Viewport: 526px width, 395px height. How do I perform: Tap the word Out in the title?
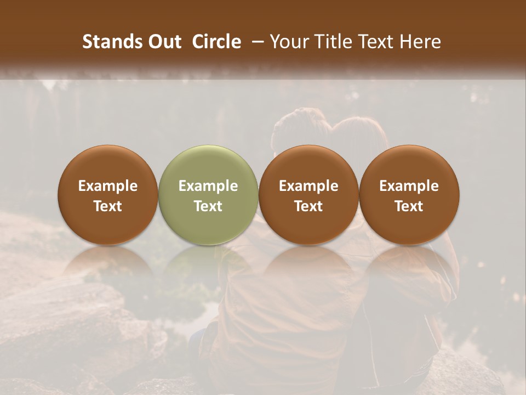163,42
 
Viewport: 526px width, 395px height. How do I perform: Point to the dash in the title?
256,42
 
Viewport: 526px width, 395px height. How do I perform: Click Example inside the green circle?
208,186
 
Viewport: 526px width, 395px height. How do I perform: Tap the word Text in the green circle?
208,206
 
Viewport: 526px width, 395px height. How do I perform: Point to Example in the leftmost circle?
108,186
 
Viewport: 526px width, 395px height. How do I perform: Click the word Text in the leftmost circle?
108,206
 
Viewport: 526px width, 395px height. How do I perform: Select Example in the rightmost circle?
409,186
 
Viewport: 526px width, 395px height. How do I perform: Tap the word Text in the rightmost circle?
409,206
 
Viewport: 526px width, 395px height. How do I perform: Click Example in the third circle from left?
308,186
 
